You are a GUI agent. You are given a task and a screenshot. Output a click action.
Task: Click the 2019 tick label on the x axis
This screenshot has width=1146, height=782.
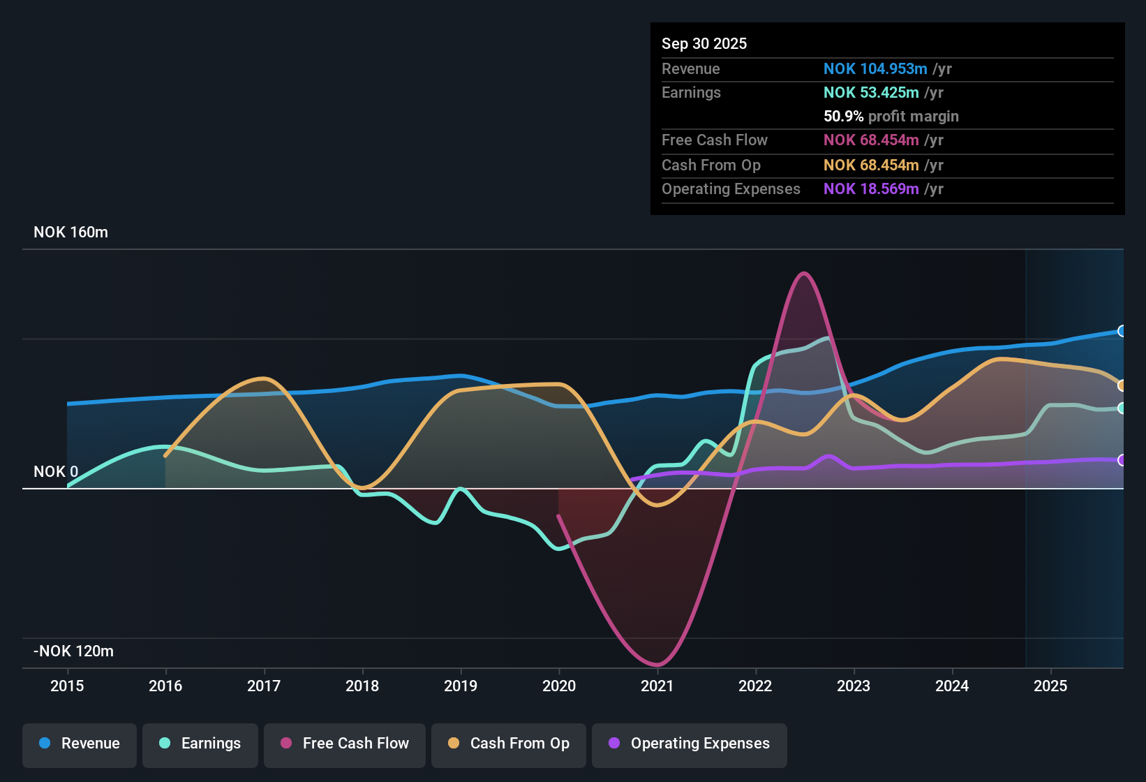click(x=460, y=686)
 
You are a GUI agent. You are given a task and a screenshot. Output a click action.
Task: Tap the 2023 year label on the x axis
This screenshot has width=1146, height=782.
click(x=853, y=686)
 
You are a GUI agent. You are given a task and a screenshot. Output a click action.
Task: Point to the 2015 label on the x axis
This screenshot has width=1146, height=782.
click(x=67, y=686)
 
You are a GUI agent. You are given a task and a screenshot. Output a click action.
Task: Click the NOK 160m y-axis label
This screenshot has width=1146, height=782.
click(x=70, y=233)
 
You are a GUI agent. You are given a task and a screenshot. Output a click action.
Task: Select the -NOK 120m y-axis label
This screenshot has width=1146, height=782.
click(x=73, y=651)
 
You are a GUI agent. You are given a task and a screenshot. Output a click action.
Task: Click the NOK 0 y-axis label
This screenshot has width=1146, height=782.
click(x=56, y=472)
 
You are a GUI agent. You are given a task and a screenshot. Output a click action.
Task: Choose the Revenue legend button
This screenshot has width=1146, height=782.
click(x=80, y=744)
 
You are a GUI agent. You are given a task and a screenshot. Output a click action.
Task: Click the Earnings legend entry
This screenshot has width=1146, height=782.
click(x=200, y=744)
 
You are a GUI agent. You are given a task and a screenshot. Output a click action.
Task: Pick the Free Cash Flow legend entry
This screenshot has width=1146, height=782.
click(x=345, y=744)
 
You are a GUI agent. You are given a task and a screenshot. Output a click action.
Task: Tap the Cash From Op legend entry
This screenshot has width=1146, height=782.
click(x=509, y=744)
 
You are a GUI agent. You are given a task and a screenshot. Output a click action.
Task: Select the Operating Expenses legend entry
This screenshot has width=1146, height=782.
click(x=690, y=744)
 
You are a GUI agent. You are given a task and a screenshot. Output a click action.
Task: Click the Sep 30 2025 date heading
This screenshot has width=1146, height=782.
click(x=704, y=44)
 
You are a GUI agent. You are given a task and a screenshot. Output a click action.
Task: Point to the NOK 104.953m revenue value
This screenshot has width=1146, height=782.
click(x=875, y=69)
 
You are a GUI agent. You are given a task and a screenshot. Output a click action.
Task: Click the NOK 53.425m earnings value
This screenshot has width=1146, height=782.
click(x=871, y=93)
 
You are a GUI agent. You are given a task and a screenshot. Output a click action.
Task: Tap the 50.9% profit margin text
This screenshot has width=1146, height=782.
click(x=891, y=117)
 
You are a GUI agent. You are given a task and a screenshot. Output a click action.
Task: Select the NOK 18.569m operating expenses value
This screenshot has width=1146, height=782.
click(x=871, y=189)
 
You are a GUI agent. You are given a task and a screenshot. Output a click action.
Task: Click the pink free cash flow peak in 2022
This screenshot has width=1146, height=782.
click(x=804, y=273)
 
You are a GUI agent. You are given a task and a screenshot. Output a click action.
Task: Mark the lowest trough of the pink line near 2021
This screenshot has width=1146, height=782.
click(x=657, y=665)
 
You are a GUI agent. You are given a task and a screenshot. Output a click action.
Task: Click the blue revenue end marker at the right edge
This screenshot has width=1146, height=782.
click(x=1122, y=331)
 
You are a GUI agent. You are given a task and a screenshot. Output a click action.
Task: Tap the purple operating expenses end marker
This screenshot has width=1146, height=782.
click(x=1122, y=460)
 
